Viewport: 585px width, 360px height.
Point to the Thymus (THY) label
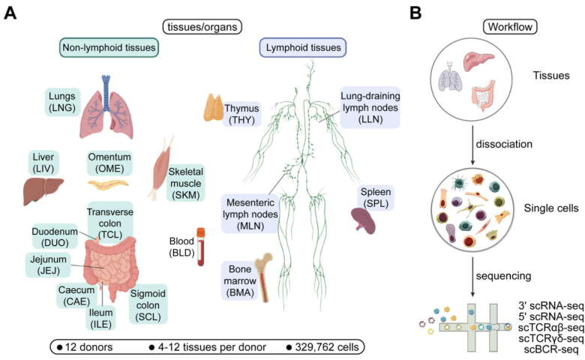pos(241,113)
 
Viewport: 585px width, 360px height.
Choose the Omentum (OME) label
pos(109,163)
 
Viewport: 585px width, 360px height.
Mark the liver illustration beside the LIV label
pos(37,190)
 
